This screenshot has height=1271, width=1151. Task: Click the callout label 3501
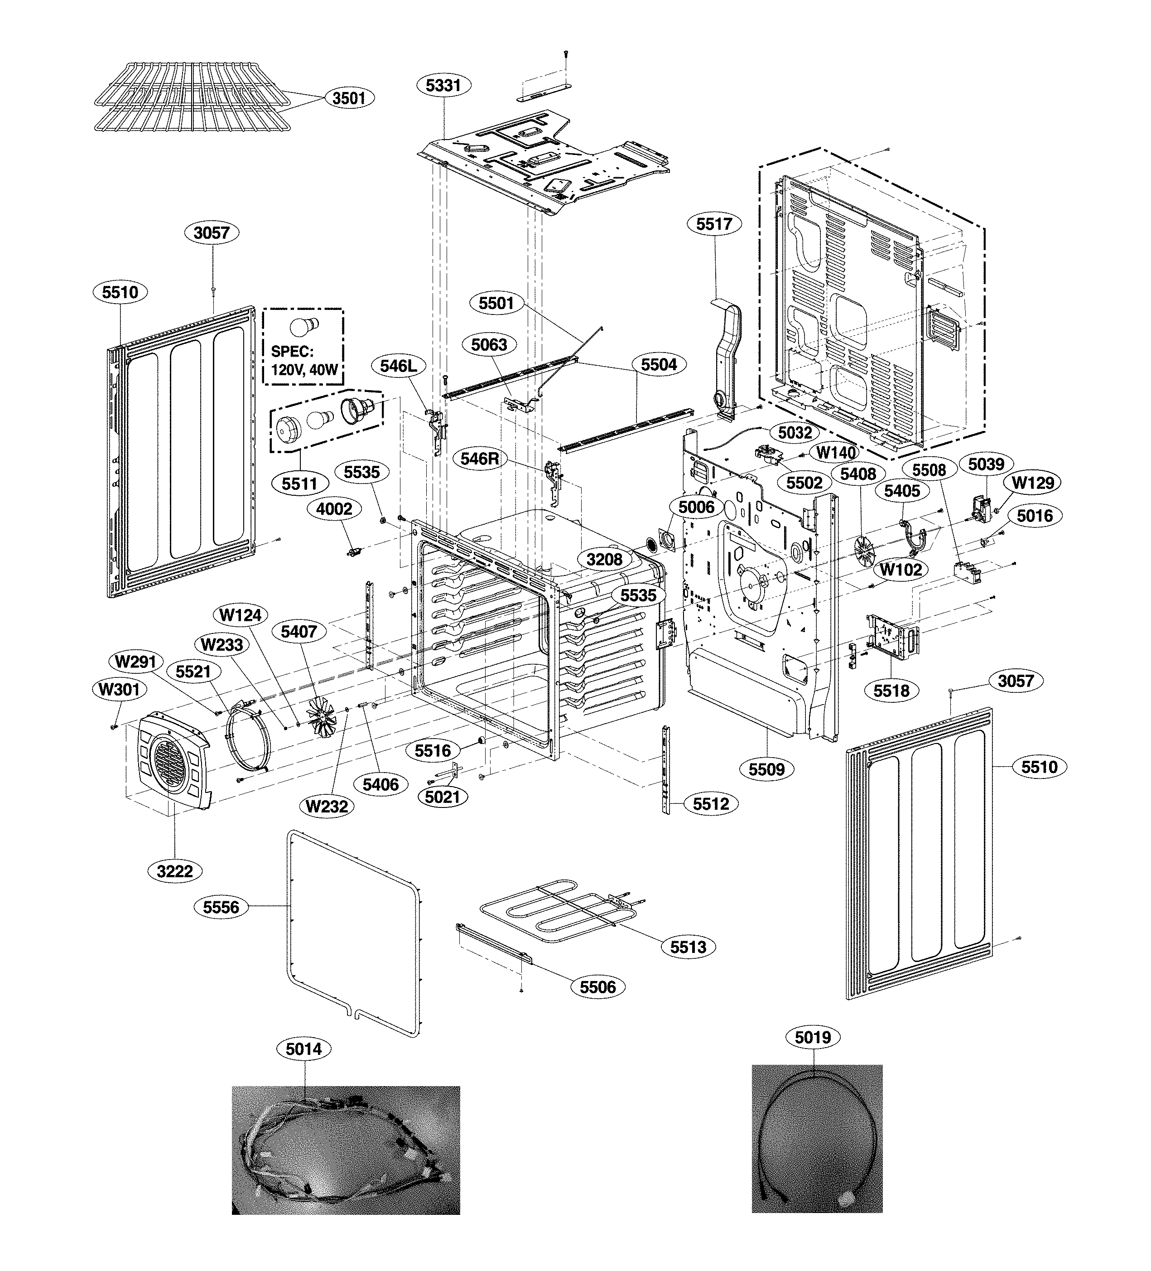(x=349, y=98)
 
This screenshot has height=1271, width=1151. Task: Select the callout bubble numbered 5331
(x=443, y=85)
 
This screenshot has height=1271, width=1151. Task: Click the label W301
(x=119, y=690)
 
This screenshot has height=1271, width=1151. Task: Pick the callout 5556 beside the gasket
(x=221, y=907)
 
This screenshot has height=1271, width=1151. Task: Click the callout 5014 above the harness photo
(x=304, y=1049)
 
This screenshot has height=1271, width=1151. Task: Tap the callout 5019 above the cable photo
(x=813, y=1037)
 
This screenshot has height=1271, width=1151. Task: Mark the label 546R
(x=479, y=459)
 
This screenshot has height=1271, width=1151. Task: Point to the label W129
(x=1032, y=483)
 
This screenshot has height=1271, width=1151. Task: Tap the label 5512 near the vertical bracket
(x=710, y=804)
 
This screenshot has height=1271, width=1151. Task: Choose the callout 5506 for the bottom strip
(x=597, y=986)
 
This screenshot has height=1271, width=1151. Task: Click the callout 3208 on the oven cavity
(x=604, y=559)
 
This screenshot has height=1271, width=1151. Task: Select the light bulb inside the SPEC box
(x=304, y=329)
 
